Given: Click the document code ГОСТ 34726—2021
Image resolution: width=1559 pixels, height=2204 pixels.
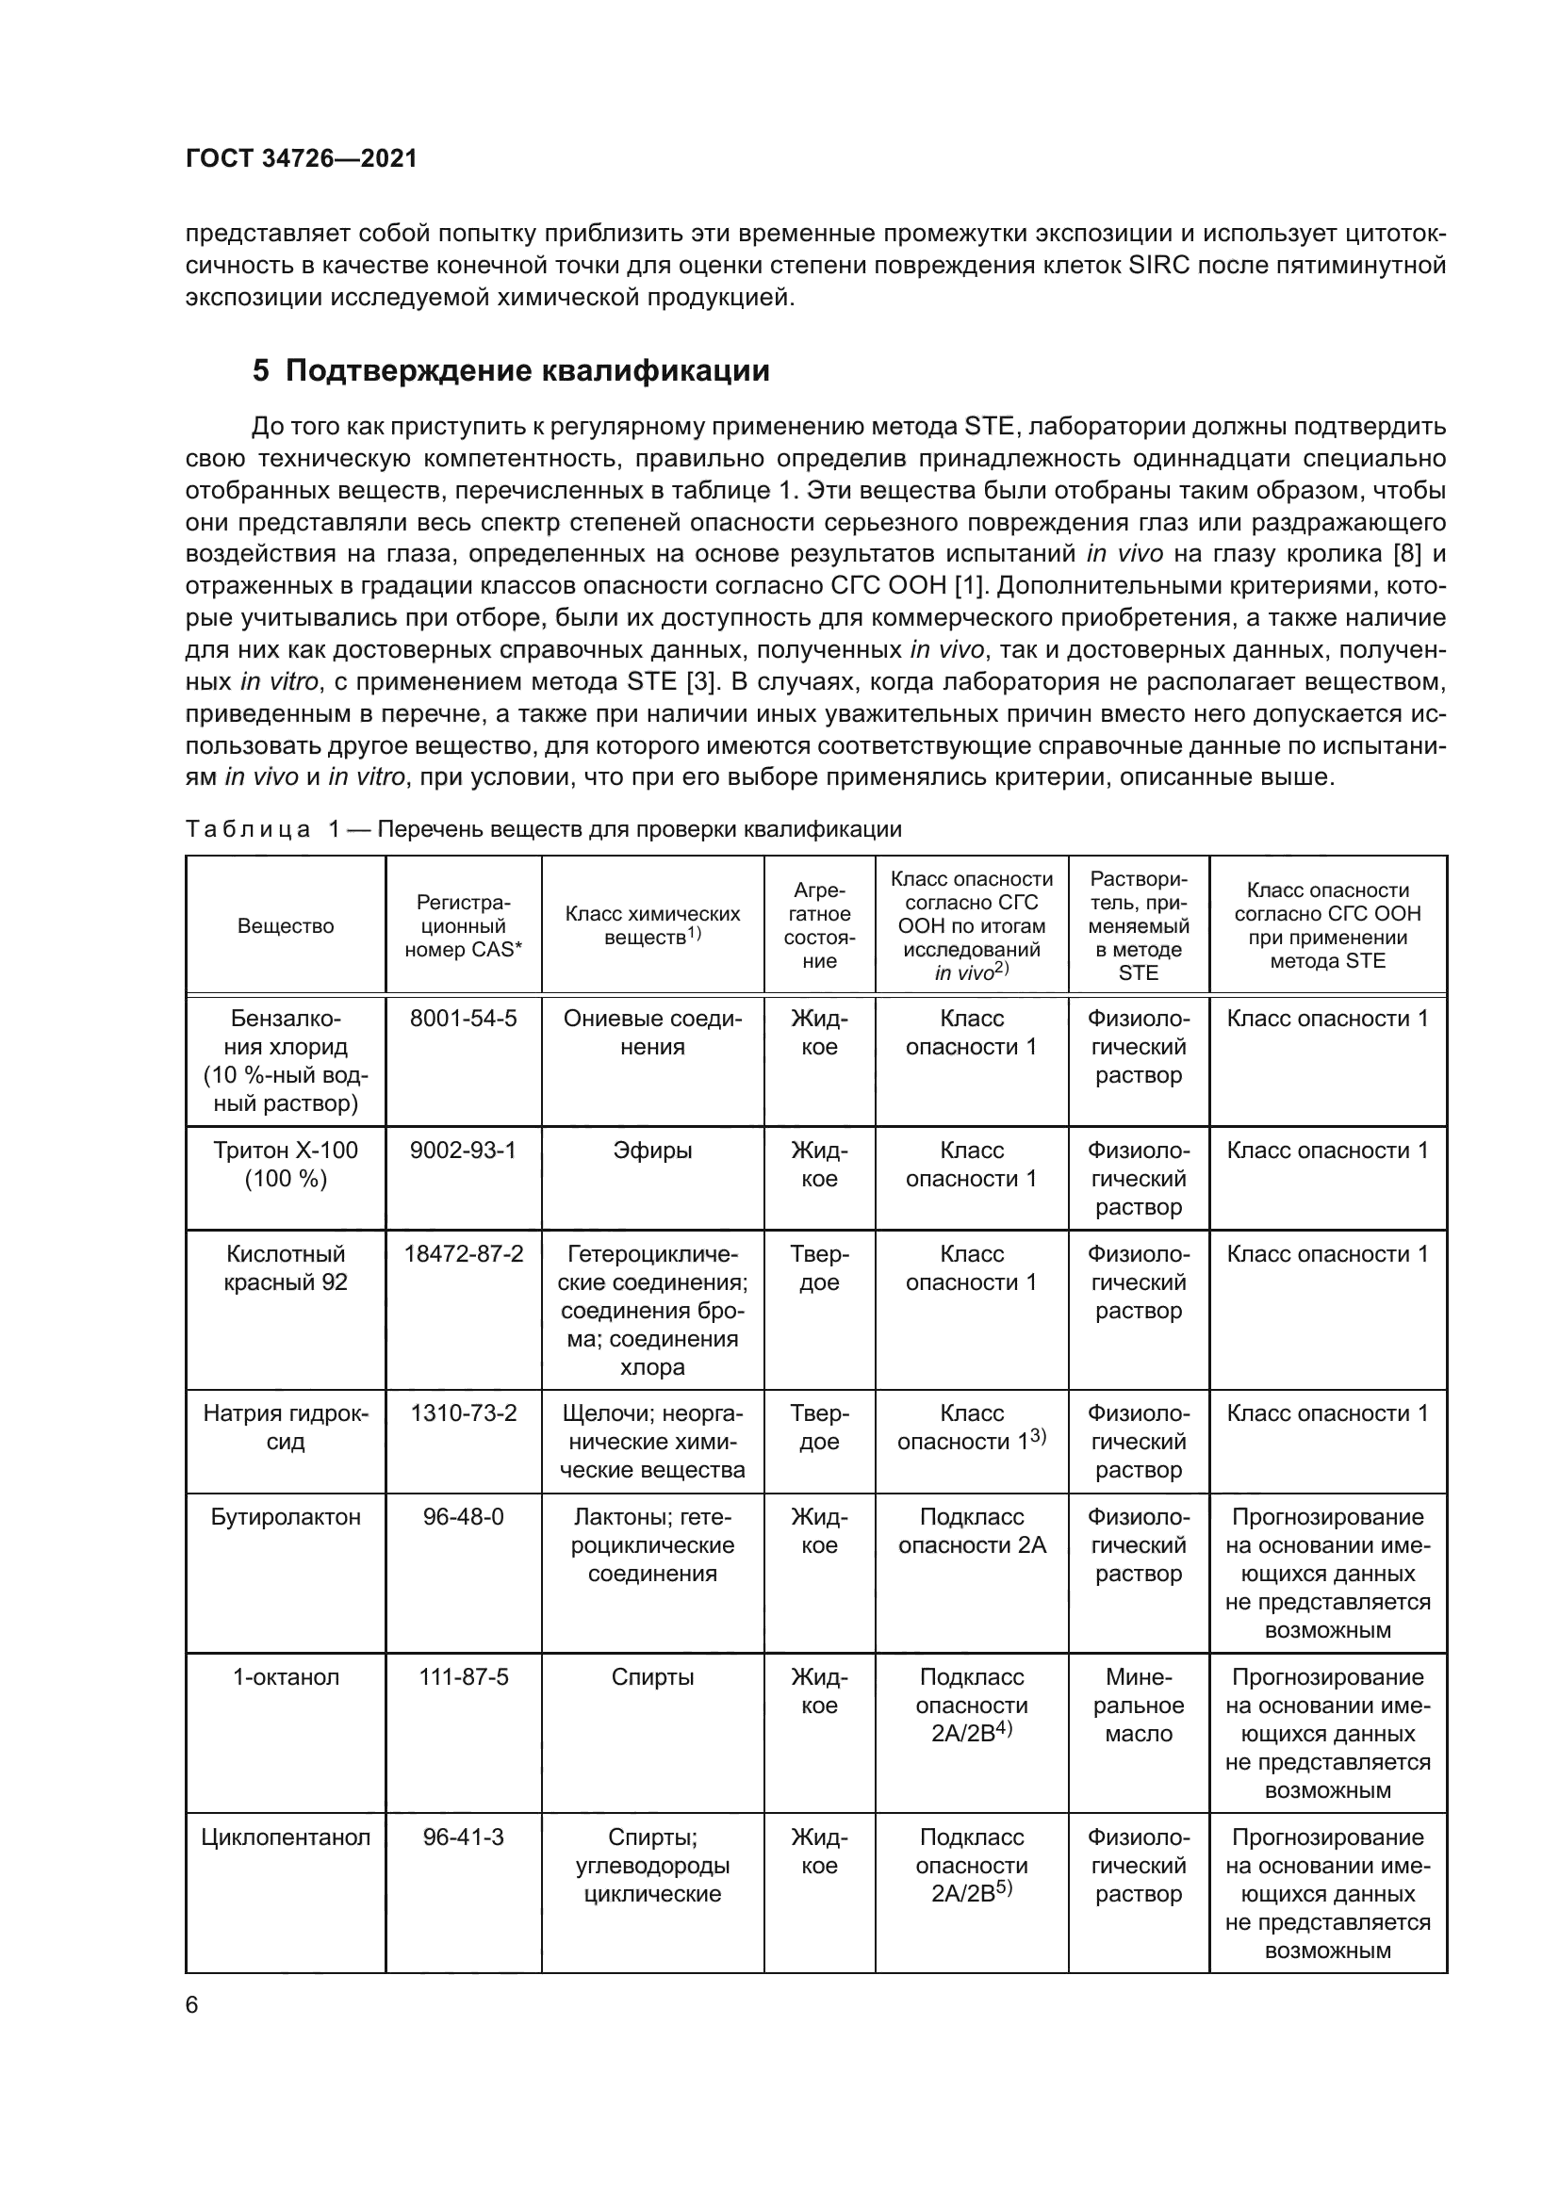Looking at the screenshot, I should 302,158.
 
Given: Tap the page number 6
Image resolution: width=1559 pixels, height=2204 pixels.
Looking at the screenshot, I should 192,2004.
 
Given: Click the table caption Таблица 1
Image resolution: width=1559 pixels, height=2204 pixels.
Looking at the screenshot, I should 542,828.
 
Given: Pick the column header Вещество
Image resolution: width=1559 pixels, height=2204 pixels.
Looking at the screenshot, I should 285,926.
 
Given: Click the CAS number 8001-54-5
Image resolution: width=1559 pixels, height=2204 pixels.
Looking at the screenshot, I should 463,1019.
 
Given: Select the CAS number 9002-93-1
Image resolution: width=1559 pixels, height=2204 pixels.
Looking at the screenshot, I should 463,1150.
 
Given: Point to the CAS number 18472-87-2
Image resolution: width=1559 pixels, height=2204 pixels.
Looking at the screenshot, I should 463,1253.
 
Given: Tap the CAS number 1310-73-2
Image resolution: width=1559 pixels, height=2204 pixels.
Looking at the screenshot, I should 463,1413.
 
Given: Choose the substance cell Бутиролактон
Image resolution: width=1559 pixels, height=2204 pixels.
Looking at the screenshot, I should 285,1517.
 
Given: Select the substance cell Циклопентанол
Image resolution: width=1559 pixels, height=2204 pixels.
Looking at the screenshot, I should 285,1837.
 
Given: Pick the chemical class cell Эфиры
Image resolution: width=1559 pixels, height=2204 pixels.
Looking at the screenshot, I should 652,1150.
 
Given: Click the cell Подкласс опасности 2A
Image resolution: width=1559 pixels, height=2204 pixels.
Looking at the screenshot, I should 972,1531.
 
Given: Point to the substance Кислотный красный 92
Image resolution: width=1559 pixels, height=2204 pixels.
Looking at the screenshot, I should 285,1268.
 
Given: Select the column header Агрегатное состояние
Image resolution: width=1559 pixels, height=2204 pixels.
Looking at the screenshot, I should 819,926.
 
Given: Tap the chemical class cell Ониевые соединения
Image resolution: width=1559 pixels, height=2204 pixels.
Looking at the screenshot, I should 652,1033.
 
